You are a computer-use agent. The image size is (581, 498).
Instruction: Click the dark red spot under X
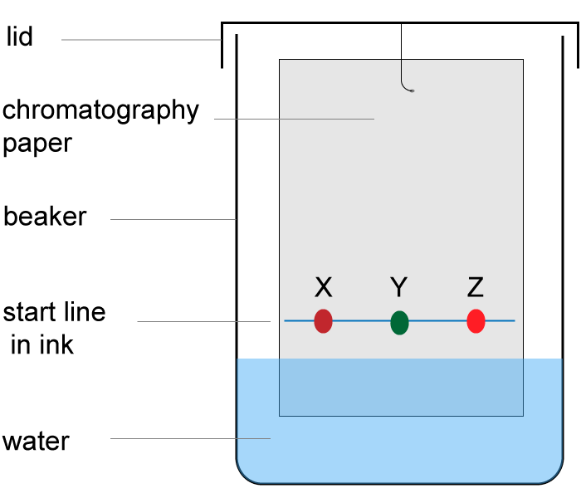323,321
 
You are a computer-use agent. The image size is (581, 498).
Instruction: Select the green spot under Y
399,323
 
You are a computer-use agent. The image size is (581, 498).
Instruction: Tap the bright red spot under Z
476,321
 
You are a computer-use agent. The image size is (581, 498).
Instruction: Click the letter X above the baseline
323,288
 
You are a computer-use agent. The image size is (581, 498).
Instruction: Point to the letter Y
398,288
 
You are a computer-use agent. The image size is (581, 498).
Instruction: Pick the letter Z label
475,288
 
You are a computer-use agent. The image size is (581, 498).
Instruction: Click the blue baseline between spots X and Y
361,320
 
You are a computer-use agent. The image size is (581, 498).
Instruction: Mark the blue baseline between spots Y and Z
437,320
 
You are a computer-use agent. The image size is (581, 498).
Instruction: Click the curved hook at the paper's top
405,84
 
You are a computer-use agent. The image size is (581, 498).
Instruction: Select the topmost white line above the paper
141,39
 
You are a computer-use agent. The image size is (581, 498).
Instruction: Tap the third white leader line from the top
173,219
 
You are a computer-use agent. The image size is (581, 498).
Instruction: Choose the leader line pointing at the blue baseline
203,321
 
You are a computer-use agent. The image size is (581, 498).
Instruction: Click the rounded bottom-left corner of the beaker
246,474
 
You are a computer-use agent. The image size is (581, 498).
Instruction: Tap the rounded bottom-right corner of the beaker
554,474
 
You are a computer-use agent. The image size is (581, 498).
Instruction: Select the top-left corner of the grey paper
281,61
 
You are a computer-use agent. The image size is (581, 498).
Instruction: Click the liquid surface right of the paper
542,359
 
